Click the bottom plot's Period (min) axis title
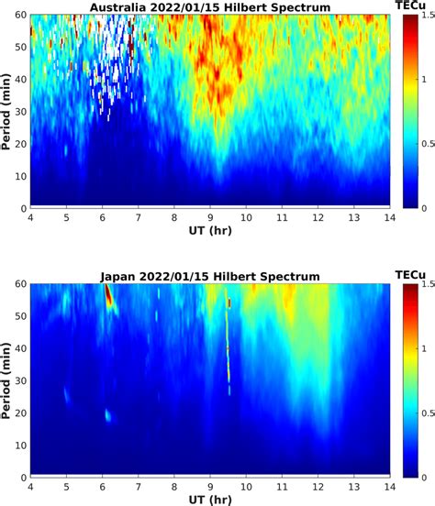click(x=7, y=381)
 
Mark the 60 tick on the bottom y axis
click(x=19, y=285)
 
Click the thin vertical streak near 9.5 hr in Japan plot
click(x=229, y=348)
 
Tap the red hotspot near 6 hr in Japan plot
click(x=108, y=298)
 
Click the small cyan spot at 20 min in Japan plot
click(x=108, y=415)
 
